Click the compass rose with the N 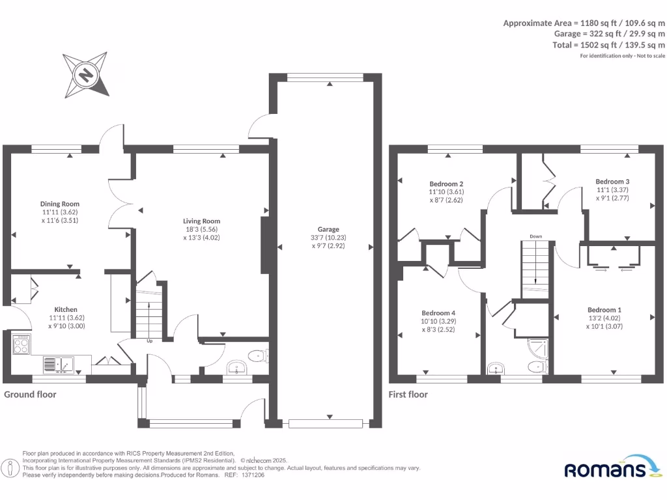point(85,75)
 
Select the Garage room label point(328,229)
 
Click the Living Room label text point(202,221)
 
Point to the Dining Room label point(60,204)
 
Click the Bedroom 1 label point(604,310)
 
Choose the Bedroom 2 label point(446,184)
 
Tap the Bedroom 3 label point(612,182)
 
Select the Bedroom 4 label point(438,312)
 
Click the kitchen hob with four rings point(21,343)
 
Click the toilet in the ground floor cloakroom point(259,355)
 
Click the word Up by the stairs point(149,340)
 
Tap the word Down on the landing point(535,236)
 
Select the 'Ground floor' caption point(31,394)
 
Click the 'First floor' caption point(408,394)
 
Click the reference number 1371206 point(253,475)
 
